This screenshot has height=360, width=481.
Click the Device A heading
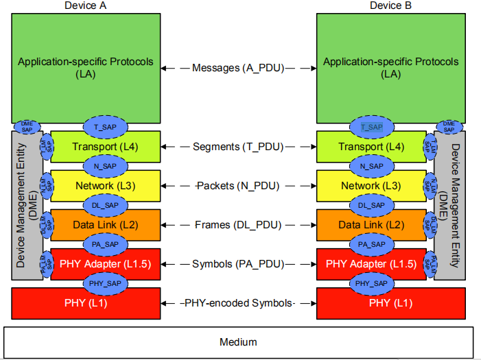(x=86, y=5)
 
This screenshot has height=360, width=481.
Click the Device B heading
(x=390, y=5)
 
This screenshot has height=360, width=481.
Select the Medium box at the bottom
(x=238, y=341)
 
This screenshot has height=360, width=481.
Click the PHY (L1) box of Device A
(x=86, y=302)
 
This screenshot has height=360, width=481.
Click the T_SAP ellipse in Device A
(x=105, y=127)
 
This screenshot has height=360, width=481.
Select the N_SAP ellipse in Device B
(x=371, y=166)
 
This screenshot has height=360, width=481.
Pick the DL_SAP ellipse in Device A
(x=105, y=205)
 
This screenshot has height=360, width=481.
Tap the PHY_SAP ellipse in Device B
(x=371, y=283)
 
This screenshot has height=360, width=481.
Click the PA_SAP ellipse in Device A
(x=105, y=243)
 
